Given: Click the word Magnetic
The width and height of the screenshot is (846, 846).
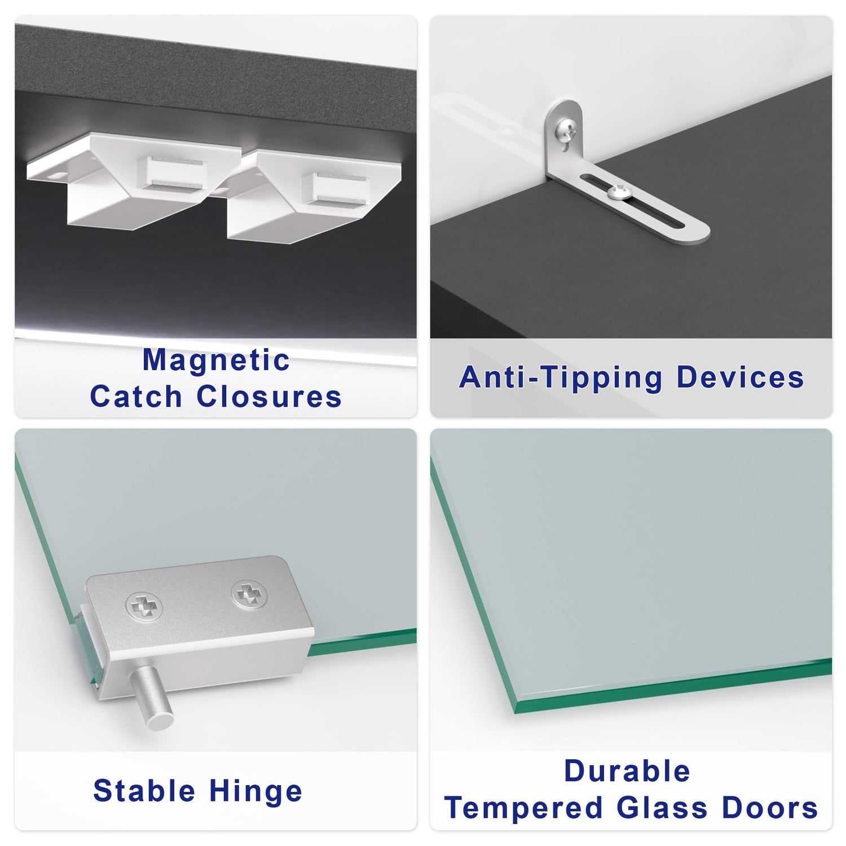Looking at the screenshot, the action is point(216,360).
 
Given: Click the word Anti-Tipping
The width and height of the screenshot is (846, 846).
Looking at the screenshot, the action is point(561,378).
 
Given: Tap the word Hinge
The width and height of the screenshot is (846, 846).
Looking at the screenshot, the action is point(256,792).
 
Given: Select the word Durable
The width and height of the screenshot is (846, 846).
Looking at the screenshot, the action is point(627,771).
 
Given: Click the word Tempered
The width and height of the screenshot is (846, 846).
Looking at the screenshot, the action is point(523,809).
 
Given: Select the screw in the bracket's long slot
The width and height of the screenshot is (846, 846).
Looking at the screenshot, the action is point(618,192).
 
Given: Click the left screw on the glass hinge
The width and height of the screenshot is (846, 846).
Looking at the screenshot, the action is point(144,607).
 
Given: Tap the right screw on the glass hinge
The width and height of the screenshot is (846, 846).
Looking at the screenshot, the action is point(249,594).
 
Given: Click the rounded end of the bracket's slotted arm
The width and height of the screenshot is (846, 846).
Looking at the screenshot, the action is point(699,232).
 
